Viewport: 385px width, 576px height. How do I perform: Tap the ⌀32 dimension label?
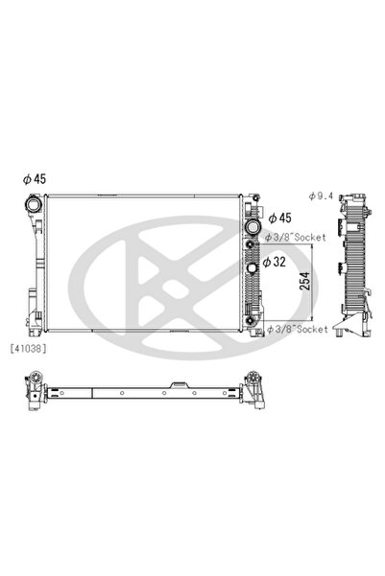click(279, 260)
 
